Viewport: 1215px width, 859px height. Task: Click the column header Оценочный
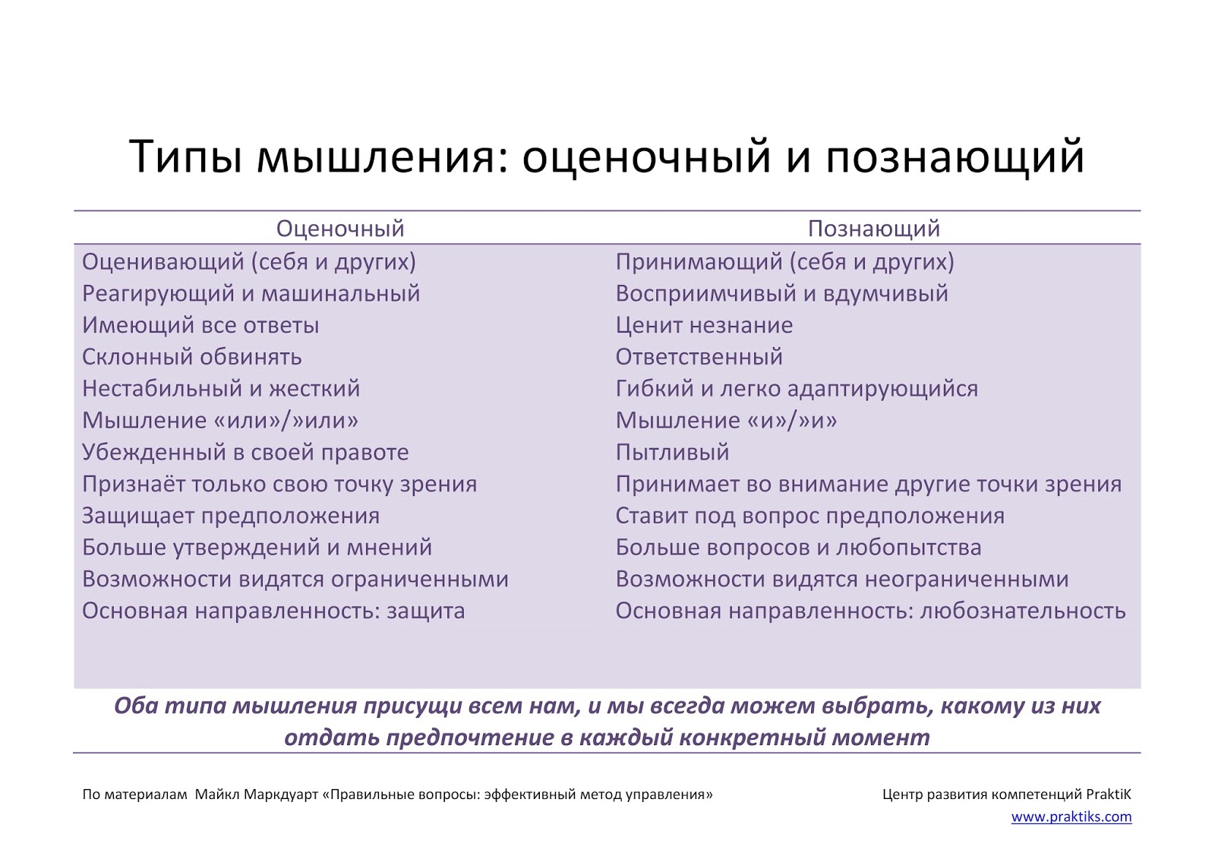pyautogui.click(x=340, y=229)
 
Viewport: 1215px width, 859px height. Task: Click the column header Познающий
pyautogui.click(x=873, y=229)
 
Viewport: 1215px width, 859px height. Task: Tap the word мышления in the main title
pyautogui.click(x=376, y=158)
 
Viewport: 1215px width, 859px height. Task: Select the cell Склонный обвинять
pyautogui.click(x=192, y=357)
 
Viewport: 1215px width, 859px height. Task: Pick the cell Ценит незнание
pyautogui.click(x=704, y=325)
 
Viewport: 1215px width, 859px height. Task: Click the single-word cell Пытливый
pyautogui.click(x=672, y=452)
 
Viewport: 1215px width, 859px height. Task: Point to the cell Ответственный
pyautogui.click(x=699, y=357)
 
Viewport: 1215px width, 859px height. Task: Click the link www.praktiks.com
pyautogui.click(x=1071, y=817)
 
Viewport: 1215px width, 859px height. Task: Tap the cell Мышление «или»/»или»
pyautogui.click(x=220, y=420)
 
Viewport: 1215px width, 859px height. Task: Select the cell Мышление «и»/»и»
pyautogui.click(x=726, y=420)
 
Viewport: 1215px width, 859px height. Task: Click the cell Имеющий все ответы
pyautogui.click(x=200, y=325)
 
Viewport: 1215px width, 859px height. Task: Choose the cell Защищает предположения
pyautogui.click(x=231, y=516)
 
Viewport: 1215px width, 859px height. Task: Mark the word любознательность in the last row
pyautogui.click(x=1023, y=611)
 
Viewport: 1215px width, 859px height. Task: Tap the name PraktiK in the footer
pyautogui.click(x=1108, y=795)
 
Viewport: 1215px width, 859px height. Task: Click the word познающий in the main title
pyautogui.click(x=955, y=158)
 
